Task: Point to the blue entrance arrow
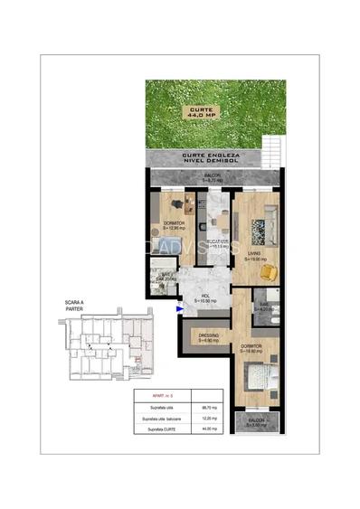coord(180,309)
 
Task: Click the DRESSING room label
coord(208,338)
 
